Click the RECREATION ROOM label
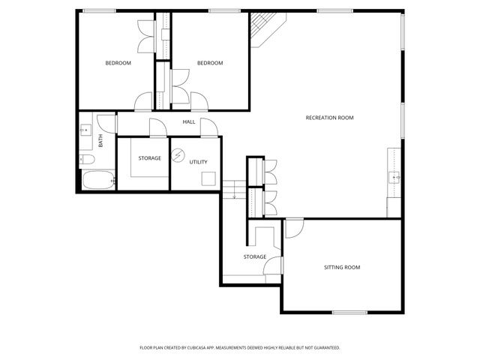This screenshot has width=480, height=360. [x=329, y=118]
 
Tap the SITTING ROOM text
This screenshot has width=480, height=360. [x=342, y=268]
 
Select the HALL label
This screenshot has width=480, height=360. [x=189, y=121]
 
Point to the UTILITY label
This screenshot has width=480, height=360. [x=198, y=162]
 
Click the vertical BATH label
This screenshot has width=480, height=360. [x=100, y=140]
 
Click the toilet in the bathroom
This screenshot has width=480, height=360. [x=86, y=160]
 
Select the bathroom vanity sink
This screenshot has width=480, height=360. [x=85, y=130]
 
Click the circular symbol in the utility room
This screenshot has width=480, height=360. [x=178, y=155]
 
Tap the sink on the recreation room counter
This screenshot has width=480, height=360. [x=394, y=178]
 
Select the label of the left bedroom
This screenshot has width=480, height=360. [x=118, y=63]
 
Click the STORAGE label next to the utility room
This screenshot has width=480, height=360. [x=150, y=158]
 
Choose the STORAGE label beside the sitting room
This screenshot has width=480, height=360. [x=255, y=257]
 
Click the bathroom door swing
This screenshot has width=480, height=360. [x=109, y=123]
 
